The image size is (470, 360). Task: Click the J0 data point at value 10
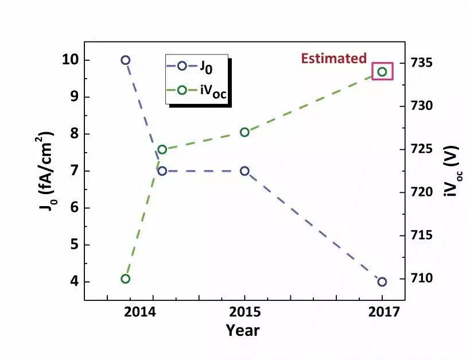point(126,60)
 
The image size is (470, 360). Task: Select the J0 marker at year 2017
point(382,281)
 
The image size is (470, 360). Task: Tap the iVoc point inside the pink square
point(382,72)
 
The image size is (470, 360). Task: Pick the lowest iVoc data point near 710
point(126,279)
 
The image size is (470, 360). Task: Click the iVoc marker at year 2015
point(244,132)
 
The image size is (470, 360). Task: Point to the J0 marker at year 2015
point(244,171)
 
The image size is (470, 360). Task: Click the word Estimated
point(334,58)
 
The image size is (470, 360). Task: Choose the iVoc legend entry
point(198,91)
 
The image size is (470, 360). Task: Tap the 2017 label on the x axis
point(382,312)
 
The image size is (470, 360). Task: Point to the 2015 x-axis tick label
point(244,312)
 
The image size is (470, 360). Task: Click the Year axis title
point(242,330)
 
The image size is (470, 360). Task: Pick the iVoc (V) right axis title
point(451,171)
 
